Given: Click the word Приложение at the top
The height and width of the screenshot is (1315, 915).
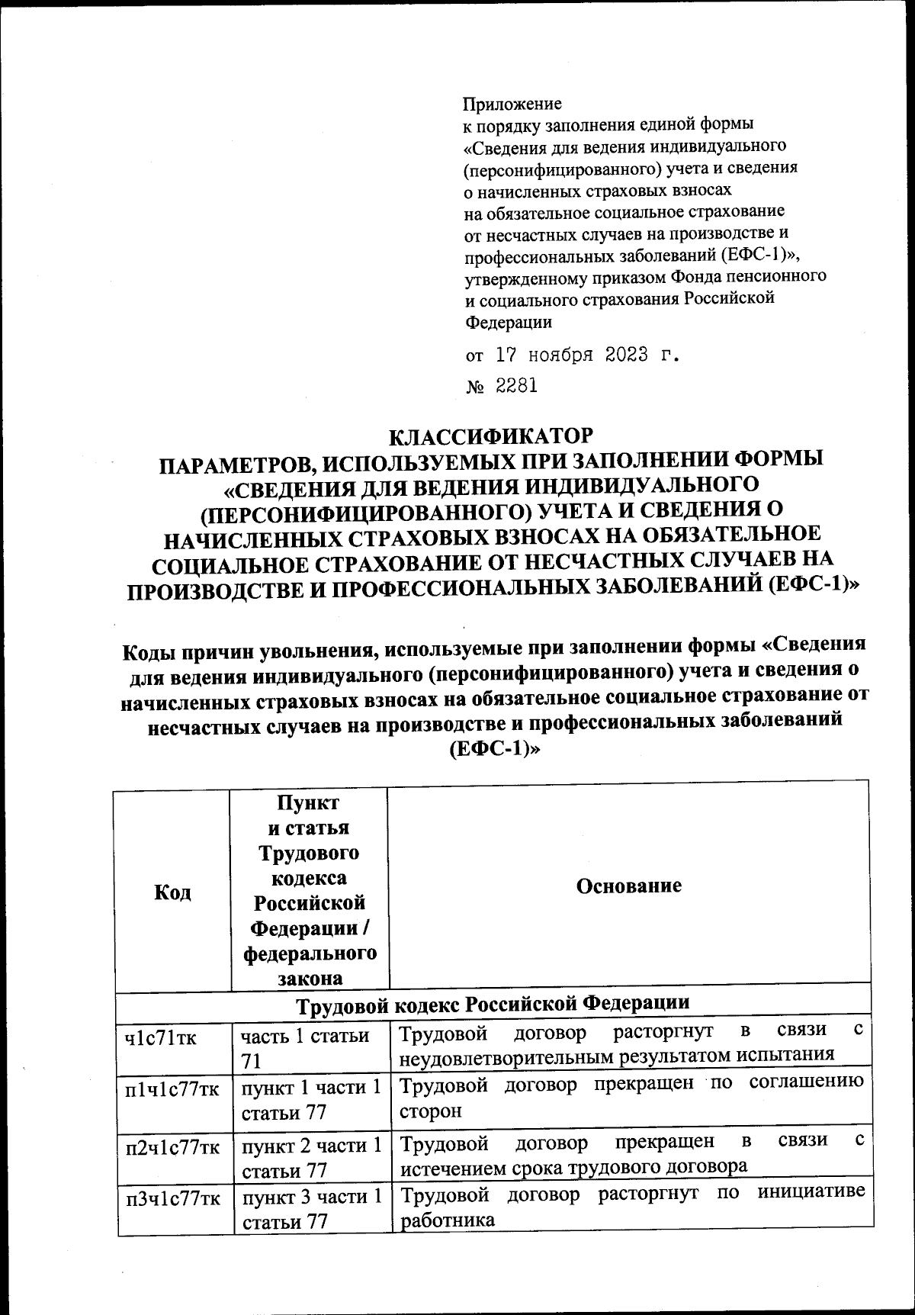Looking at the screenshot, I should (512, 103).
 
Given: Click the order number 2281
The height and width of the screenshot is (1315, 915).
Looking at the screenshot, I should (517, 386).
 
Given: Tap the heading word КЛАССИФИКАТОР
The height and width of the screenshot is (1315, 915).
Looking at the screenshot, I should (491, 437).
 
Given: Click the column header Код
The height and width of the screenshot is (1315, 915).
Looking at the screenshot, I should (172, 892).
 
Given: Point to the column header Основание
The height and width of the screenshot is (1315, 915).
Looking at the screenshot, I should (628, 886).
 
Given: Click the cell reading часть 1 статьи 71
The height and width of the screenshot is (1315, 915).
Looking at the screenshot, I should (305, 1047).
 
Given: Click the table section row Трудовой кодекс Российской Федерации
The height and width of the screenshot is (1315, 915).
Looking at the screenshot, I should (493, 1002).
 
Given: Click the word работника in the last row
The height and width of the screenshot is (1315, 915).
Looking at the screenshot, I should (448, 1220).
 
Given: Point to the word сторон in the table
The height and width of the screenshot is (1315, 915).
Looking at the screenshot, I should (431, 1111).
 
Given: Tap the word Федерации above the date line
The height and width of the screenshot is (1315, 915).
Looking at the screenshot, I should (509, 321).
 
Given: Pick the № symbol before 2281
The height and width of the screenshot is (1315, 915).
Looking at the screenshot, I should (474, 387).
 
